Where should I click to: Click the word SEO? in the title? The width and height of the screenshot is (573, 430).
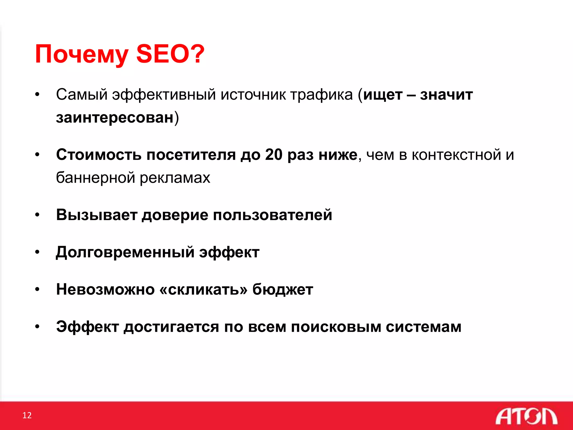170,54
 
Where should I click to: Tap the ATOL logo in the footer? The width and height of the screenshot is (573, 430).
526,416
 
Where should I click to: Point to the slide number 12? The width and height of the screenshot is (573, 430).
27,415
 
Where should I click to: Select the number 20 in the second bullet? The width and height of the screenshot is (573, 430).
274,155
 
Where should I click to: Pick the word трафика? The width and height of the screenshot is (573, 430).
321,95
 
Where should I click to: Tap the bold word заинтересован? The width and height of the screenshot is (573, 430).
115,117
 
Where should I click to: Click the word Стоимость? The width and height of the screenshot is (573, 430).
99,155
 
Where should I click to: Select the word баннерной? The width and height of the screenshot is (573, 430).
95,177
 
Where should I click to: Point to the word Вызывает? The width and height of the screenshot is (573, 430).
97,215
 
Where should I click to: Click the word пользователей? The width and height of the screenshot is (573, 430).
273,215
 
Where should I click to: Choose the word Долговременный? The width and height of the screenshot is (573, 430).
125,252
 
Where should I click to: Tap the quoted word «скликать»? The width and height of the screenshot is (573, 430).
203,289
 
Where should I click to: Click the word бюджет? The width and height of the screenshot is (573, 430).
283,289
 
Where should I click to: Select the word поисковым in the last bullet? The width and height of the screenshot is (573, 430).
336,327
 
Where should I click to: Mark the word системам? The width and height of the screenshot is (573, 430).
424,327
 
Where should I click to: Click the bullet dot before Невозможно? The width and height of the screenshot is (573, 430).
37,289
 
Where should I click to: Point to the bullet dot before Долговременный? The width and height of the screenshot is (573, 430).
37,252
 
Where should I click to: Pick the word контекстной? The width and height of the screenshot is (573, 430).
456,155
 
